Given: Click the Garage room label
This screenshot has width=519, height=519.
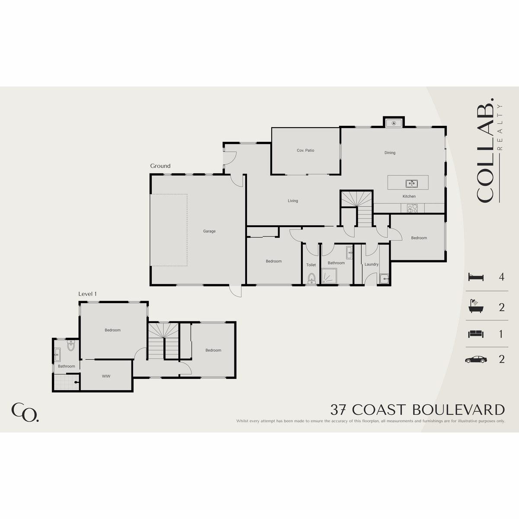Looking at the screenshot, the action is coord(209,231).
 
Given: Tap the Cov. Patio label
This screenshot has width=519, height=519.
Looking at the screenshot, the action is coord(305,150).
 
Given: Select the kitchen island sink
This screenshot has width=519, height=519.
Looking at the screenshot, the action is coord(412,184).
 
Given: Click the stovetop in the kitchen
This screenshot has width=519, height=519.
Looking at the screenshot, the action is coord(412,208).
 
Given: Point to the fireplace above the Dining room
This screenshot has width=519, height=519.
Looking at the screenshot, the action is coord(394,123).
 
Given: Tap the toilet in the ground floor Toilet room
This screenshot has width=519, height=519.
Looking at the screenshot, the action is coord(311,278).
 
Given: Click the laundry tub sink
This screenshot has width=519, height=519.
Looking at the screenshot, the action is coord(384,279).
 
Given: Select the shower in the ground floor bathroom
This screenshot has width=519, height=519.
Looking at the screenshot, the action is coord(329,276).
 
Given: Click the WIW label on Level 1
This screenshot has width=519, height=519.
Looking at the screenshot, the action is coord(106,376).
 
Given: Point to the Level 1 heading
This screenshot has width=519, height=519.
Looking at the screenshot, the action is coord(87,294).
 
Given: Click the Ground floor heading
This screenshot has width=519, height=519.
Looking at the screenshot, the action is coord(160,166).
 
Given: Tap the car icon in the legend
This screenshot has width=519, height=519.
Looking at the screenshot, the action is coord(476,359).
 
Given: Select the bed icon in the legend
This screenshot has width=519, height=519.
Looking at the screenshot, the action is coord(476,277).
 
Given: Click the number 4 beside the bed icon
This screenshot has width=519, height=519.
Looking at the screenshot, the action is coord(501,277).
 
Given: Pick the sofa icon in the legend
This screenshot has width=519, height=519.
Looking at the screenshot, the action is coord(476,334).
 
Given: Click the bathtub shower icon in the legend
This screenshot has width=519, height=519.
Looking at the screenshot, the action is coord(476,306).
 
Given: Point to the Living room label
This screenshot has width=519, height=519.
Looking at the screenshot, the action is coord(293,201).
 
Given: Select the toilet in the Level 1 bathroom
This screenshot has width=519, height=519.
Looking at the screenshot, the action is coord(71,346).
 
